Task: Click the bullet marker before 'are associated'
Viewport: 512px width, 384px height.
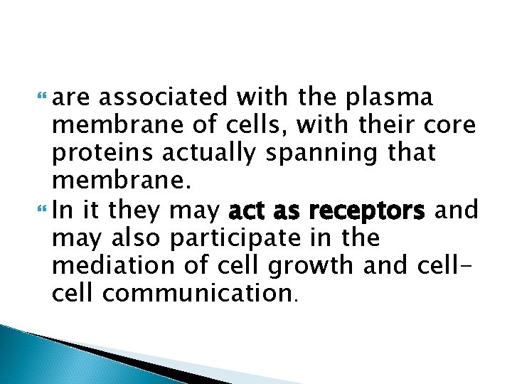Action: (47, 97)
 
